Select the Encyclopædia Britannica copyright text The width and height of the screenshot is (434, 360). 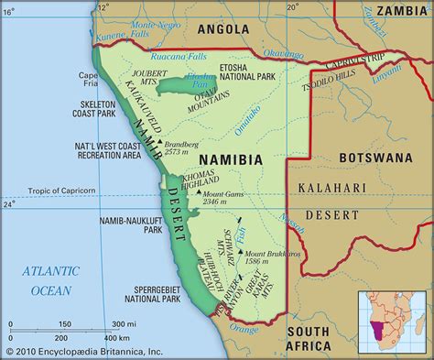point(71,351)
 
